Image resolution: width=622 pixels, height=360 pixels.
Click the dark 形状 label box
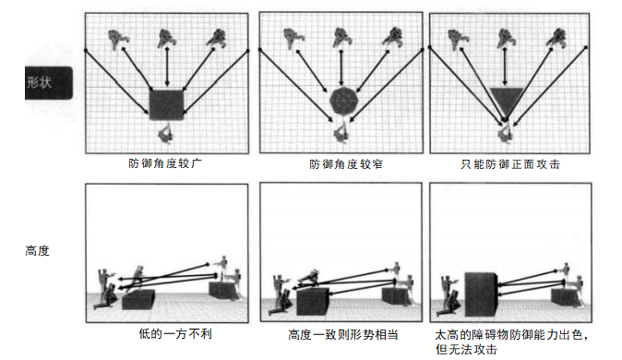click(48, 82)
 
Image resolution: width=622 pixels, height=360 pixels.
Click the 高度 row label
click(37, 251)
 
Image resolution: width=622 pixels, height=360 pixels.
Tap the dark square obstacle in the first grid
click(167, 105)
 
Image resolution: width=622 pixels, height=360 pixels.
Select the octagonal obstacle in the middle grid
click(344, 101)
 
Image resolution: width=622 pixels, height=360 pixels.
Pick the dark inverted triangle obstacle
click(507, 100)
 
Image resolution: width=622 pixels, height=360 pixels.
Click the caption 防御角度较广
click(165, 163)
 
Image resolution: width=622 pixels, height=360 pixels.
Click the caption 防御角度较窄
click(346, 164)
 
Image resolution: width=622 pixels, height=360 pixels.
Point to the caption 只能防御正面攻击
click(510, 164)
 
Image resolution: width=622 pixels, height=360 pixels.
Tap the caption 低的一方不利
click(175, 333)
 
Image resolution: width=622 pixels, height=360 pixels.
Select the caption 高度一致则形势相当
click(342, 334)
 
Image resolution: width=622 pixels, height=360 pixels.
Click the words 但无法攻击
click(466, 349)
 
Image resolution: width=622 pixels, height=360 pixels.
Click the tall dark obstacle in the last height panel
click(481, 294)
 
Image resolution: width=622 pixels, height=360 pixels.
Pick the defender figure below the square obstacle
click(166, 133)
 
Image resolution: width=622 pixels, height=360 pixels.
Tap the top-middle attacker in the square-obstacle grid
click(167, 38)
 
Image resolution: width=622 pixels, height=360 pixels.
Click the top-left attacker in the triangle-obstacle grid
click(458, 39)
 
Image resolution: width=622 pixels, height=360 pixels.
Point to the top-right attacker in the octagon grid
click(393, 37)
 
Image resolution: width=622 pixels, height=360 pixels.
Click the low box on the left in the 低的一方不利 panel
click(138, 300)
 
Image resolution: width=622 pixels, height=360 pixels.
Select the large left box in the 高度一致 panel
click(312, 302)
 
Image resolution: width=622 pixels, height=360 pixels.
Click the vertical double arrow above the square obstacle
click(167, 66)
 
